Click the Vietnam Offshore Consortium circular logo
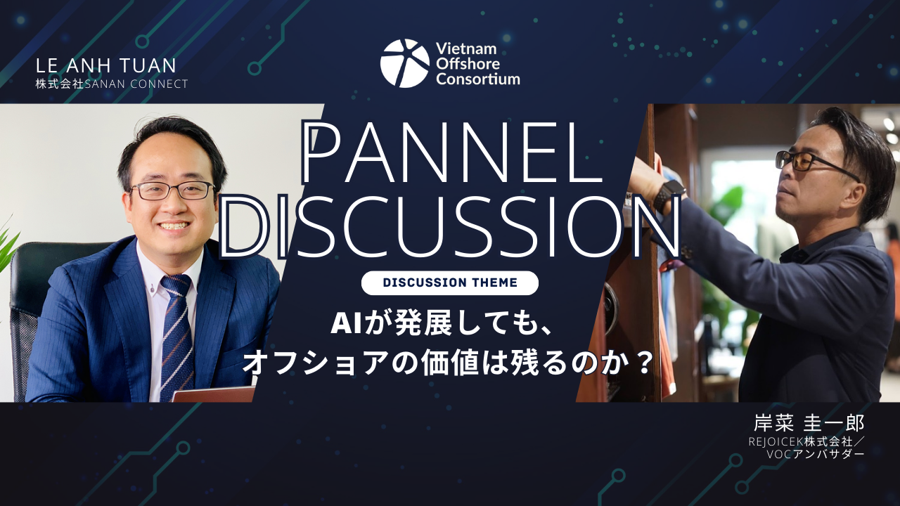click(x=404, y=63)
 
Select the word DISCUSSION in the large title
click(x=451, y=226)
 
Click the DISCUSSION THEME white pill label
click(x=450, y=283)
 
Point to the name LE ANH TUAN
click(x=106, y=66)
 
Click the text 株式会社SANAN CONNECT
click(x=111, y=84)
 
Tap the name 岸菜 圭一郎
click(x=809, y=423)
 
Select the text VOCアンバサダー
click(x=815, y=455)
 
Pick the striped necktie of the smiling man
click(x=176, y=337)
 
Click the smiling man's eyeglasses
click(x=173, y=190)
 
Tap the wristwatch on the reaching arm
click(x=668, y=195)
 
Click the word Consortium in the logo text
click(x=478, y=79)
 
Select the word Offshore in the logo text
click(x=468, y=64)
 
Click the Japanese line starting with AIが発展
click(x=440, y=324)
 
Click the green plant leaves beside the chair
click(x=8, y=245)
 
